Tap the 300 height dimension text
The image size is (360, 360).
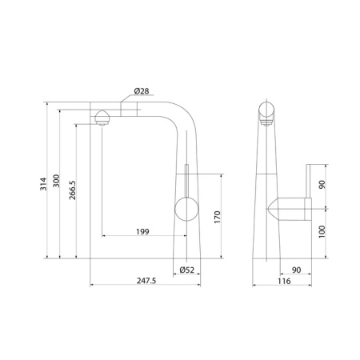pyautogui.click(x=56, y=183)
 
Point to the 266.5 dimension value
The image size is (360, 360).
pyautogui.click(x=72, y=192)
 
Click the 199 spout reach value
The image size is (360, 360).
pyautogui.click(x=142, y=232)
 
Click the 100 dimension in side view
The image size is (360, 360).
pyautogui.click(x=322, y=233)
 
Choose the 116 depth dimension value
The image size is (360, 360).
pyautogui.click(x=283, y=281)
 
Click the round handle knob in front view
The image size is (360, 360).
pyautogui.click(x=185, y=212)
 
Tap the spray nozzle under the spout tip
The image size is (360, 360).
pyautogui.click(x=102, y=119)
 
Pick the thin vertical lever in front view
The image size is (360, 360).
pyautogui.click(x=185, y=180)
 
